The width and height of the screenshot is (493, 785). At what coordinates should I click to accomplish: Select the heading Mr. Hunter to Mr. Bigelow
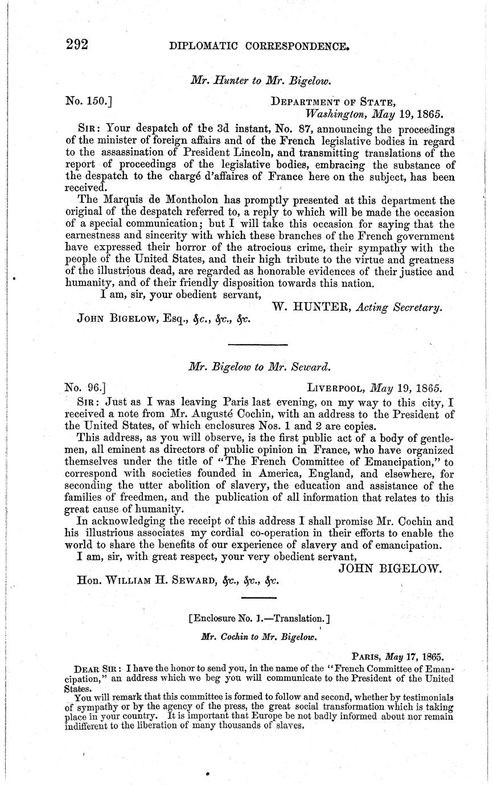tap(261, 81)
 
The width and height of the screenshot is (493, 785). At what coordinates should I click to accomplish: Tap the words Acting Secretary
tap(399, 308)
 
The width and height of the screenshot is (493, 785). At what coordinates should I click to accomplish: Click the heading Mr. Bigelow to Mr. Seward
tap(260, 367)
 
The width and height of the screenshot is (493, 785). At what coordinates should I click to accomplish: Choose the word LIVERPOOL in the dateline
tap(336, 389)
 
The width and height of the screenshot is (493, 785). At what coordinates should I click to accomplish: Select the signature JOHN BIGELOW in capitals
tap(391, 567)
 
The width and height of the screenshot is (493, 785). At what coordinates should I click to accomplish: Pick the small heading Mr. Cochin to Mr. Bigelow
tap(259, 638)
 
